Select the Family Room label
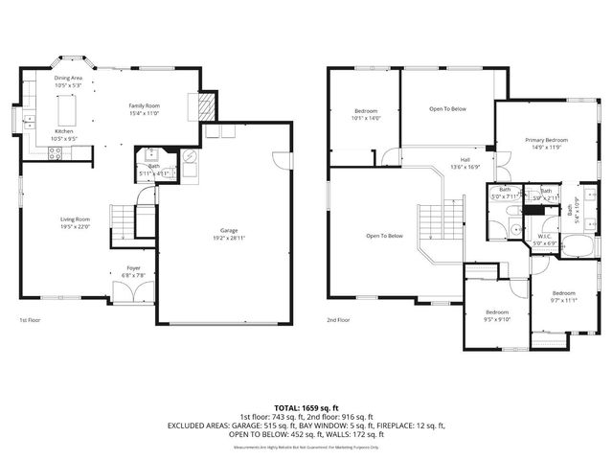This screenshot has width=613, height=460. point(145,107)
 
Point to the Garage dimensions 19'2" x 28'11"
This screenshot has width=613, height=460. point(229,238)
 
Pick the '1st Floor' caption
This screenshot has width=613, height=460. point(30,320)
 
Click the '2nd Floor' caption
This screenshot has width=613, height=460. point(338,320)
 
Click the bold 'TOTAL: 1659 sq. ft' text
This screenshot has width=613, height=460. point(306,408)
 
